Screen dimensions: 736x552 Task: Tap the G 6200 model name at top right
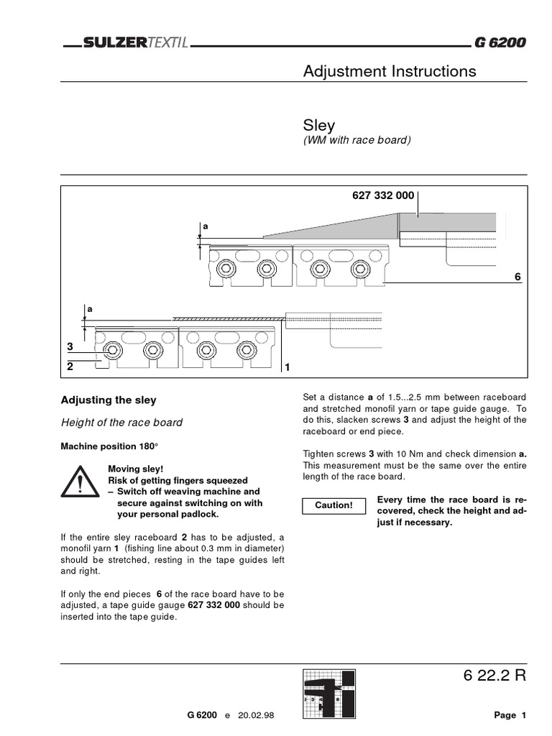[499, 43]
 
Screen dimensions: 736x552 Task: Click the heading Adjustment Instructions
[390, 71]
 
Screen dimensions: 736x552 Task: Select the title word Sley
[319, 124]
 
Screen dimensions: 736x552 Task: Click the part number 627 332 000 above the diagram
[383, 196]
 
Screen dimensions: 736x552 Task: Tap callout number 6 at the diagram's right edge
[517, 277]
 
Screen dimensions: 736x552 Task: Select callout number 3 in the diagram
[70, 347]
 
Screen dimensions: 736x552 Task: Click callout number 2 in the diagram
[70, 366]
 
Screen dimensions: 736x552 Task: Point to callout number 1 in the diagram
[287, 368]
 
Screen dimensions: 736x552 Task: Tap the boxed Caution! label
[334, 505]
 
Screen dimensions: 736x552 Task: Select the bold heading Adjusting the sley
[108, 400]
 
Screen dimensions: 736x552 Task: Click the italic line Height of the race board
[121, 423]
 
